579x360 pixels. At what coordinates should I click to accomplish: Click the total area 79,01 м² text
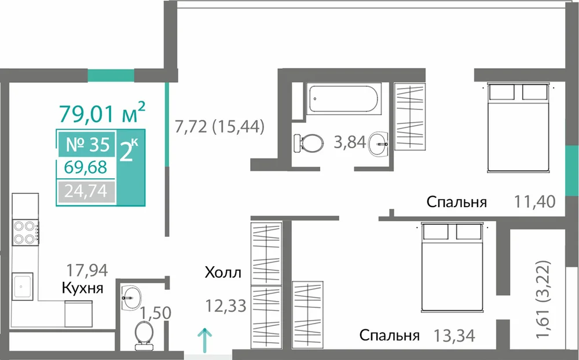pyautogui.click(x=102, y=112)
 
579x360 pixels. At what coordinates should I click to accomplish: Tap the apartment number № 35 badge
pyautogui.click(x=87, y=144)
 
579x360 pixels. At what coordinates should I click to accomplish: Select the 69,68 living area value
pyautogui.click(x=85, y=167)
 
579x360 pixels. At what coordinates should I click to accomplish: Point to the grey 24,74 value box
pyautogui.click(x=86, y=191)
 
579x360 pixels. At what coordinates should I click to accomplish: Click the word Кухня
pyautogui.click(x=82, y=288)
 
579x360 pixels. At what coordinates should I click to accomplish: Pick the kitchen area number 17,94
pyautogui.click(x=87, y=270)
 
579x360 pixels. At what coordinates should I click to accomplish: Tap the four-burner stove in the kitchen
pyautogui.click(x=25, y=232)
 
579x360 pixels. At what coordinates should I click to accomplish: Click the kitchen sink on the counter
pyautogui.click(x=23, y=286)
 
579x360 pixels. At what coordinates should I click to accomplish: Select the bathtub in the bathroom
pyautogui.click(x=343, y=98)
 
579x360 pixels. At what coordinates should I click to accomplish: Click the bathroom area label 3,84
pyautogui.click(x=349, y=142)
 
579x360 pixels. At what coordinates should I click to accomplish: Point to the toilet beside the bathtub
pyautogui.click(x=309, y=143)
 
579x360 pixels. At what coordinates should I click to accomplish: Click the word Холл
pyautogui.click(x=223, y=273)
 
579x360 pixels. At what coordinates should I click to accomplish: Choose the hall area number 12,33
pyautogui.click(x=226, y=306)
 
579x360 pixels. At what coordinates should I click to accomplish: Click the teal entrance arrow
pyautogui.click(x=204, y=337)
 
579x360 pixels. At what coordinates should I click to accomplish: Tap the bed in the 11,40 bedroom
pyautogui.click(x=518, y=127)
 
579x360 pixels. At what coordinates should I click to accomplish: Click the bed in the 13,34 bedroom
pyautogui.click(x=452, y=267)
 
